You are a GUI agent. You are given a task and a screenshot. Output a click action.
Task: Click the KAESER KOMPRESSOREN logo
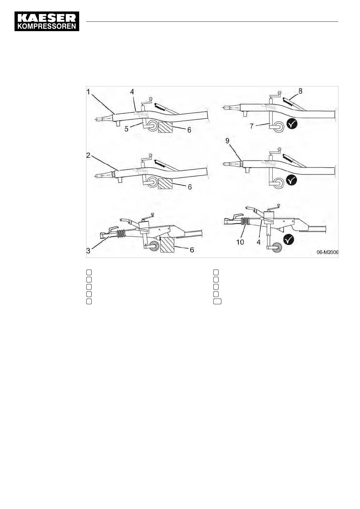pos(47,21)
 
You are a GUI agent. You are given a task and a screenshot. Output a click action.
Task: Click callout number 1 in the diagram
pos(89,92)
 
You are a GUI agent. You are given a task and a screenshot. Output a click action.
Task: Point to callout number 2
pos(88,155)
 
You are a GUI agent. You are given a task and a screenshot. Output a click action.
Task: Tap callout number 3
pos(88,251)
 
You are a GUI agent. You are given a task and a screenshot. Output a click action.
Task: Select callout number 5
pos(126,129)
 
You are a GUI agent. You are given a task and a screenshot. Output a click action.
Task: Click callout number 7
pos(251,125)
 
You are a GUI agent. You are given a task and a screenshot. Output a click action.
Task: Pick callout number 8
pos(300,91)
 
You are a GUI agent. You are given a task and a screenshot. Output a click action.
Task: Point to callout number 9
pos(227,141)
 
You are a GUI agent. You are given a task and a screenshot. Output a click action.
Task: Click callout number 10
pos(240,242)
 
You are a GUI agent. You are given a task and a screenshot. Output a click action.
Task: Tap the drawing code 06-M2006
pos(327,252)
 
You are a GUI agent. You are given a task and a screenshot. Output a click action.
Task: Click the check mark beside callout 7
pos(292,124)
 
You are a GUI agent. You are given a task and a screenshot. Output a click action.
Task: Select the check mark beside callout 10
pos(289,240)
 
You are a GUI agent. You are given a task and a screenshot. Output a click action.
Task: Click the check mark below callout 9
pos(292,180)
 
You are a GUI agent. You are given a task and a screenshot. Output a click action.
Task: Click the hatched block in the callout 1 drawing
pos(165,127)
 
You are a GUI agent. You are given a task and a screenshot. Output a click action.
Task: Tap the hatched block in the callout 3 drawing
pos(167,245)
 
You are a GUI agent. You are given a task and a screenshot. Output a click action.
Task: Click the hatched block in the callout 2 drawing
pos(165,183)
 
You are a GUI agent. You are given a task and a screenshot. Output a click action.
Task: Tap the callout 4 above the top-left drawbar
pos(132,91)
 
